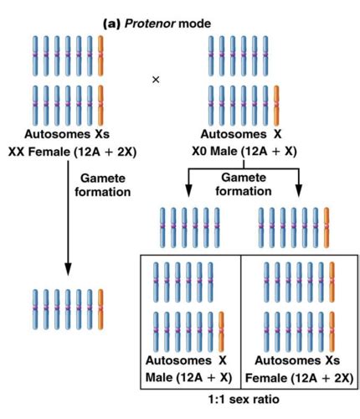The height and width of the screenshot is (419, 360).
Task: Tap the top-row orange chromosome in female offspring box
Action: (332, 281)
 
